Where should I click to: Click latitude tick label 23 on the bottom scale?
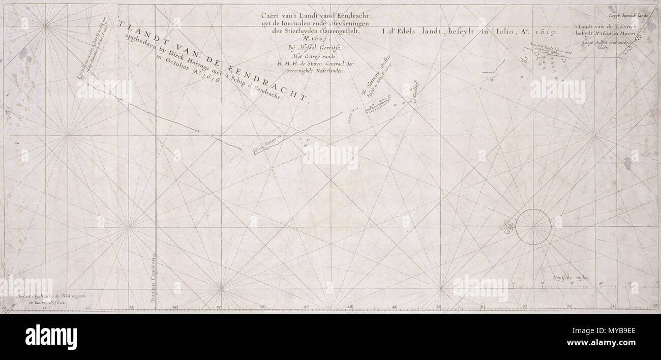click(x=131, y=307)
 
